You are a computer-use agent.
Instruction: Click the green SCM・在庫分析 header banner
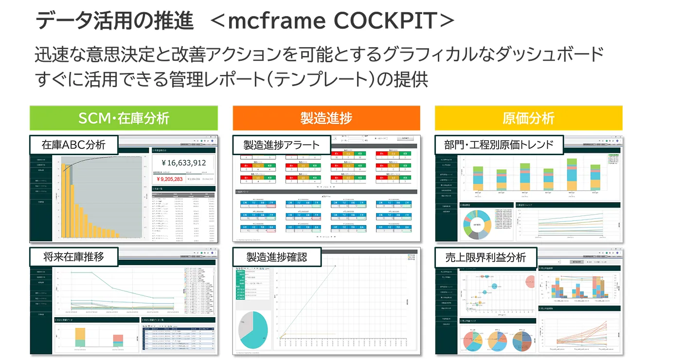[124, 118]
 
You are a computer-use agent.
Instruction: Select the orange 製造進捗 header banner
[326, 118]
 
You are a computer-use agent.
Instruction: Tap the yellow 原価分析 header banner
[528, 118]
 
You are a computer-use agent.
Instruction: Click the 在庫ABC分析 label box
[73, 144]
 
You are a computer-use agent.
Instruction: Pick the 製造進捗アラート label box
[282, 145]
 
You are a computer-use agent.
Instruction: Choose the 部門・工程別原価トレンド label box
[499, 144]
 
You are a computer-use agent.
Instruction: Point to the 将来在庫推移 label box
[73, 257]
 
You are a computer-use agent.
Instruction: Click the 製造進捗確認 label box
[276, 257]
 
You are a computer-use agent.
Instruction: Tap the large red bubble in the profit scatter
[532, 282]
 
